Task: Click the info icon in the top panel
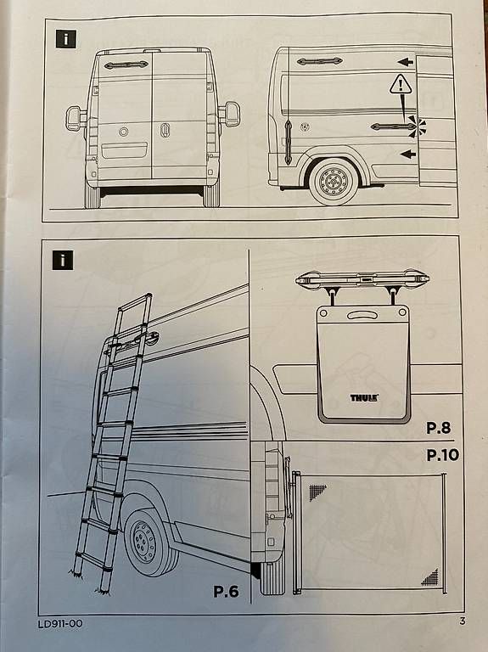pos(65,39)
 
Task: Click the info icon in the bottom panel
pos(63,261)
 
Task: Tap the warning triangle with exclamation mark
pos(401,84)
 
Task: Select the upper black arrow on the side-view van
pos(406,62)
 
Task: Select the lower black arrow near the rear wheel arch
pos(408,155)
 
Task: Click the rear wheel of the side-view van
pos(333,182)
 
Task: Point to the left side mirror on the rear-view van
pos(76,118)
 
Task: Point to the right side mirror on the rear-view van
pos(230,114)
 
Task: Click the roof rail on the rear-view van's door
pos(126,65)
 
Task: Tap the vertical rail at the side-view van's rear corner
pos(288,143)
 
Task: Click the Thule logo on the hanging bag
pos(364,397)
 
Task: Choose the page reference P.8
pos(439,428)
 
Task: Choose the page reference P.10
pos(443,454)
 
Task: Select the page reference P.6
pos(226,591)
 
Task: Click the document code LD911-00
pos(60,624)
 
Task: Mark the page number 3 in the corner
pos(463,621)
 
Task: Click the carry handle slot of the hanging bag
pos(361,316)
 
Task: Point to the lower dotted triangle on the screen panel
pos(431,577)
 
